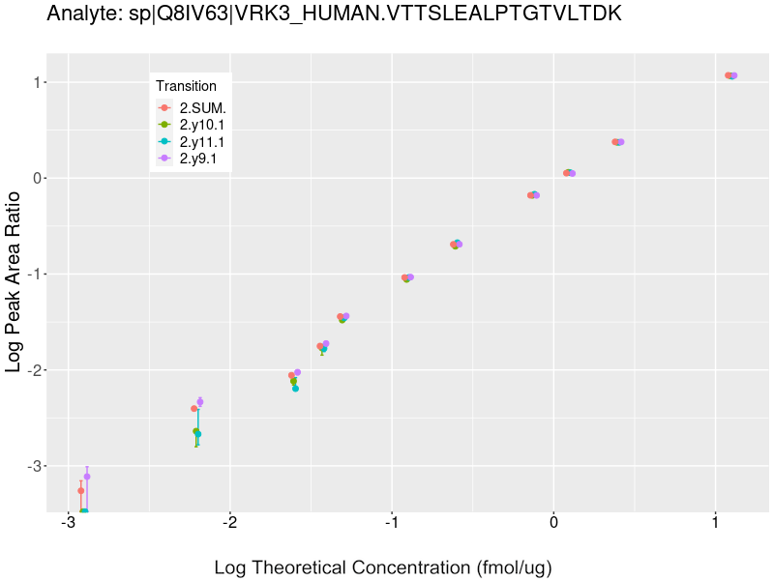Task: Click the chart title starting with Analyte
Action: (x=334, y=14)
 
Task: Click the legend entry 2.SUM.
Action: (x=202, y=107)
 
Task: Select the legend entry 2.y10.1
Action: (x=202, y=125)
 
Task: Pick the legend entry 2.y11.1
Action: (x=202, y=141)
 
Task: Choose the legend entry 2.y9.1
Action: (x=198, y=159)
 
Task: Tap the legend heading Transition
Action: (x=187, y=86)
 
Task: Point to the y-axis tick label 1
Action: (x=38, y=82)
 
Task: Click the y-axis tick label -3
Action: (x=35, y=466)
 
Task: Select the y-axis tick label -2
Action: (x=35, y=370)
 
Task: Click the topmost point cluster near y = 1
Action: (x=730, y=75)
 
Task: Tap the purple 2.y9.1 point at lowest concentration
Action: (x=87, y=477)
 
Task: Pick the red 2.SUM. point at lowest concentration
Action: (x=81, y=491)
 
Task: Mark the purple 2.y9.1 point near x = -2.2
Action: (x=200, y=402)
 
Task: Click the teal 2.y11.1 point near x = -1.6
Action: (x=295, y=389)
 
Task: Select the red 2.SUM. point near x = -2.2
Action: (x=194, y=409)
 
